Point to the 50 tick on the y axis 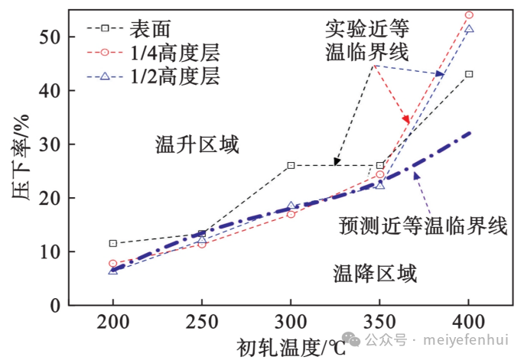(47, 37)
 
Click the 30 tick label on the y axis (47, 144)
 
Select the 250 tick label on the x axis (202, 320)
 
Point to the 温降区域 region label (375, 273)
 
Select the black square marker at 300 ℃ (291, 165)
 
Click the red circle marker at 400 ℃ (469, 15)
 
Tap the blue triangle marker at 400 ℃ (469, 29)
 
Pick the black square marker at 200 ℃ (113, 243)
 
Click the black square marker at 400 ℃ (469, 74)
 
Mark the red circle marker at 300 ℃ (291, 214)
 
